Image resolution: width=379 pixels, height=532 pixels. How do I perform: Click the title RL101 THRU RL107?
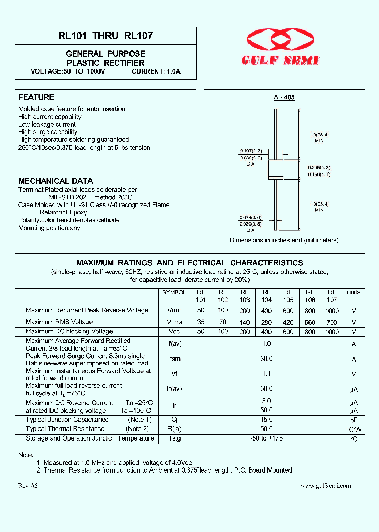(x=106, y=36)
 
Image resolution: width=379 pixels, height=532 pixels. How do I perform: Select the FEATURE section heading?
(x=36, y=97)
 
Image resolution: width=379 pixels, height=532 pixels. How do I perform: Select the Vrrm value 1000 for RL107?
(x=332, y=311)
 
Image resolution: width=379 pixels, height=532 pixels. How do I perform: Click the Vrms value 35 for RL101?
(x=201, y=322)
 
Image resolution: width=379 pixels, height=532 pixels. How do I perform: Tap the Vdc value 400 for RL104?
(x=266, y=332)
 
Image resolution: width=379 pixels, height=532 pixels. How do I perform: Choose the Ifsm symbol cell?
(x=174, y=359)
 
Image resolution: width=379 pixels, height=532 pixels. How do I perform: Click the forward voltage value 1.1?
(x=266, y=374)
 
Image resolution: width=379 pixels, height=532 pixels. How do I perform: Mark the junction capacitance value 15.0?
(x=266, y=420)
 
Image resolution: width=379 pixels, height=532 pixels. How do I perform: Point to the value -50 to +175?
(x=266, y=438)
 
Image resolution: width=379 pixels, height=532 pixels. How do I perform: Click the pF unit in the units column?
(x=354, y=420)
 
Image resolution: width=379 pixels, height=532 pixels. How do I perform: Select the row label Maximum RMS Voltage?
(x=59, y=322)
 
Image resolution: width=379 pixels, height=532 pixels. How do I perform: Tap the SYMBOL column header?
(x=174, y=292)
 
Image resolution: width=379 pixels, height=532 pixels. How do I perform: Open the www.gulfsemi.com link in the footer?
(x=325, y=486)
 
